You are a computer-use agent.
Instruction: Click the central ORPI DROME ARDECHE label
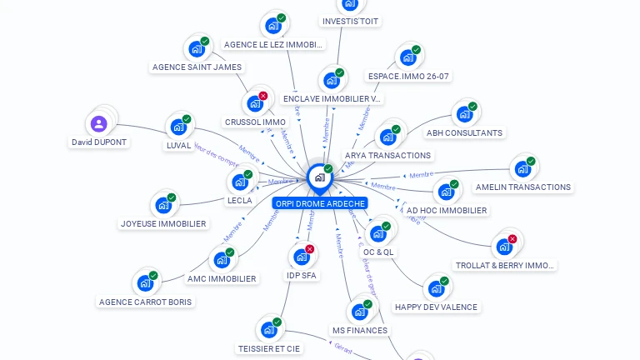(x=319, y=203)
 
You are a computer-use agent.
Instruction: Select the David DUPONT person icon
(x=99, y=124)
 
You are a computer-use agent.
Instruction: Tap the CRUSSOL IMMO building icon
(x=254, y=104)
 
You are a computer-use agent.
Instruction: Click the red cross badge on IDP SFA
(x=310, y=249)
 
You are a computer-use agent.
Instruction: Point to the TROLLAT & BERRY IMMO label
(x=504, y=265)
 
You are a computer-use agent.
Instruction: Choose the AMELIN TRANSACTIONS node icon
(x=522, y=168)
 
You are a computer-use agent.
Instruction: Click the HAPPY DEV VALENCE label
(x=436, y=307)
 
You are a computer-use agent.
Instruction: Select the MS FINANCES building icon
(x=359, y=312)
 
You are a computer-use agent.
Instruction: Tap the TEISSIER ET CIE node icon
(x=268, y=330)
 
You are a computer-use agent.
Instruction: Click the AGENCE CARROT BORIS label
(x=145, y=302)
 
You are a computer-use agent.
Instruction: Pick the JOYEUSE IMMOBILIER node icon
(x=162, y=205)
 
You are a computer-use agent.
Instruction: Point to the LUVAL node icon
(x=177, y=127)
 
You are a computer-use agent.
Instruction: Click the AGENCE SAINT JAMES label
(x=197, y=67)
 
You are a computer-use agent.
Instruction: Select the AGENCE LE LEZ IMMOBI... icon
(x=272, y=25)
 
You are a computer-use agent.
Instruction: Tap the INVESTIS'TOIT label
(x=350, y=21)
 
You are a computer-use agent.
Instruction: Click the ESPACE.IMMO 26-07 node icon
(x=407, y=57)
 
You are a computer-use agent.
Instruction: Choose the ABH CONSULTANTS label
(x=464, y=132)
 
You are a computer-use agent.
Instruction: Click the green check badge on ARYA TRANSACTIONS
(x=396, y=129)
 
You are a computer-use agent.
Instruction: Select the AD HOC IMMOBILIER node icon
(x=446, y=192)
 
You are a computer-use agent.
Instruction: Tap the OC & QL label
(x=378, y=252)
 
